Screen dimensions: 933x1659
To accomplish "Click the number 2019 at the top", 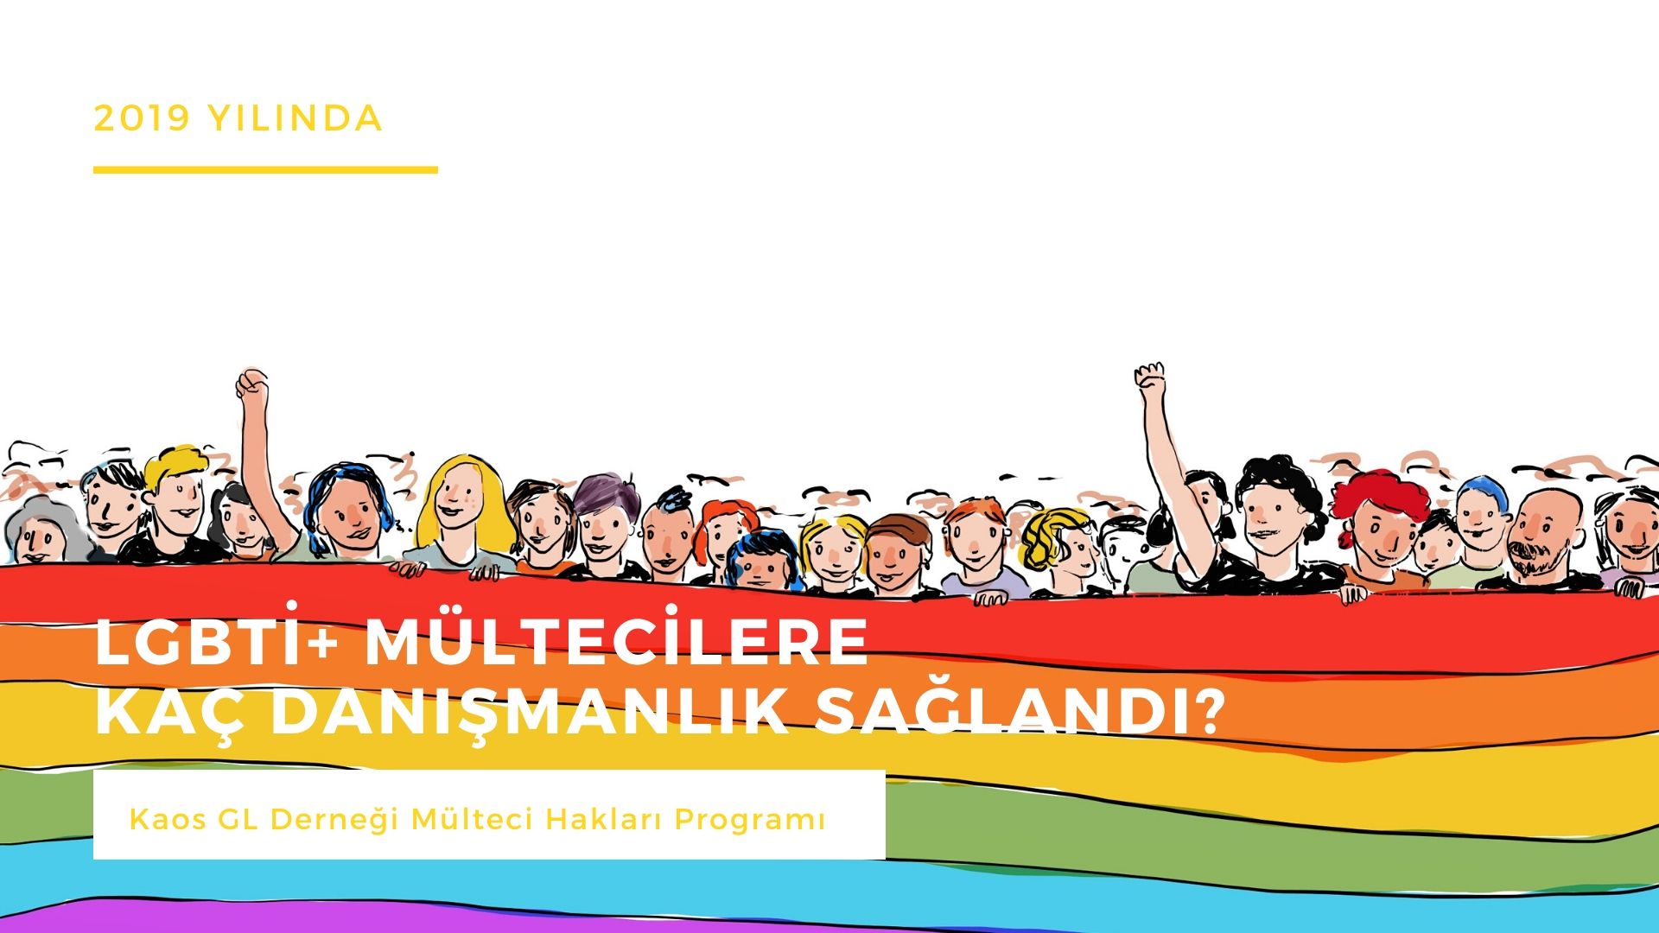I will [x=142, y=118].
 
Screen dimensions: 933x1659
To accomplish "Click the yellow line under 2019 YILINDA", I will [x=265, y=170].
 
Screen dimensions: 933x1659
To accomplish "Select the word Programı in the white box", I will [x=749, y=819].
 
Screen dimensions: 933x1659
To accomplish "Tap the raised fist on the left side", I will [x=251, y=383].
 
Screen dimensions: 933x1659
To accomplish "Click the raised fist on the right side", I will [x=1150, y=377].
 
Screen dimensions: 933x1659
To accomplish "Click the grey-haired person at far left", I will [x=39, y=533].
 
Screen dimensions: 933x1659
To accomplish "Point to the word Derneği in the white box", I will [x=334, y=819].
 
